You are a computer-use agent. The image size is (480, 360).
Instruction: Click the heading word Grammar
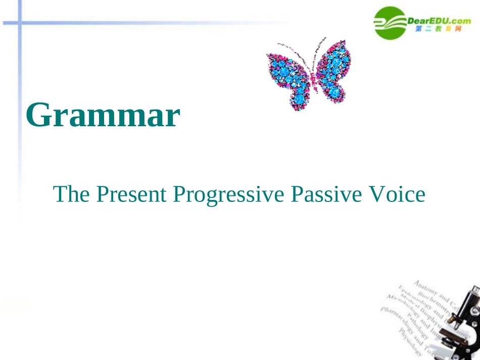pyautogui.click(x=103, y=116)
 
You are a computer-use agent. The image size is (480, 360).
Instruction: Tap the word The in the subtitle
pyautogui.click(x=70, y=194)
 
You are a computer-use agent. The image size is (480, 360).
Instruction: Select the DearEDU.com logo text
pyautogui.click(x=439, y=20)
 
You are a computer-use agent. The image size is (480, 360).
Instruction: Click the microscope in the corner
pyautogui.click(x=460, y=323)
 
